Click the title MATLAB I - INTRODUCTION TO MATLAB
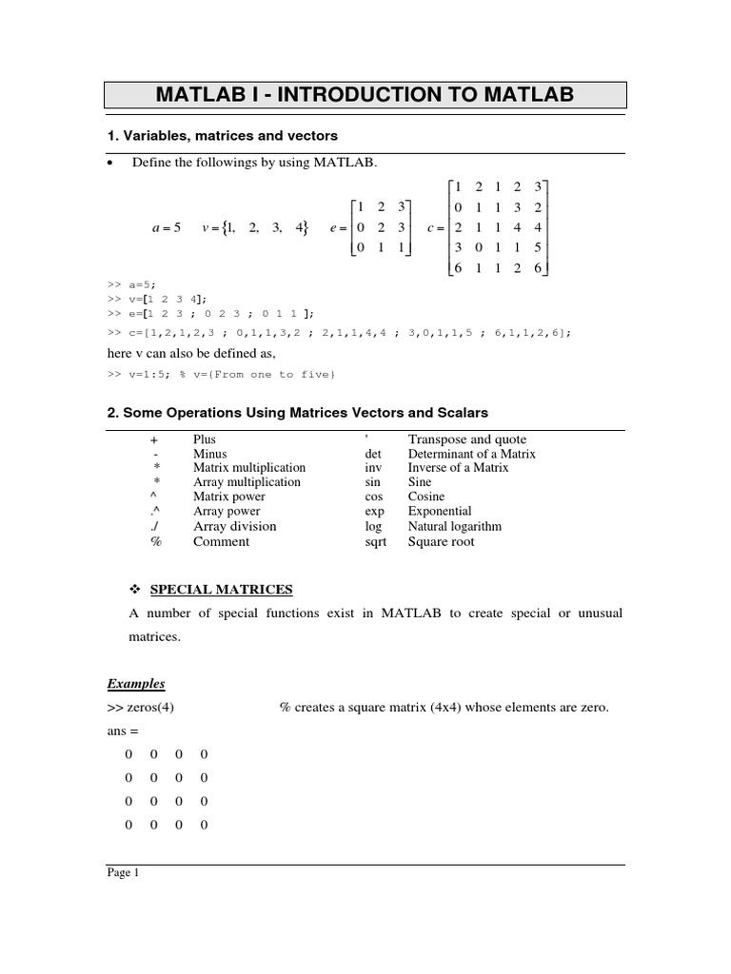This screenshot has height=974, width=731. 365,95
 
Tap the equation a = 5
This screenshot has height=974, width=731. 166,228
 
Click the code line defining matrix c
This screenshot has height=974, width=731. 339,332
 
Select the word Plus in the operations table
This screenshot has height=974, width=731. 205,439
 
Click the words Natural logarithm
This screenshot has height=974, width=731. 455,526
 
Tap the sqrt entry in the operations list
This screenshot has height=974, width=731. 375,541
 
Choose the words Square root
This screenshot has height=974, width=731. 441,541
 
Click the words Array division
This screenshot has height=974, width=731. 234,526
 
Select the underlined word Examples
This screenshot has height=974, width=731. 135,684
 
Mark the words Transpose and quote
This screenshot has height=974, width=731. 466,439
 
